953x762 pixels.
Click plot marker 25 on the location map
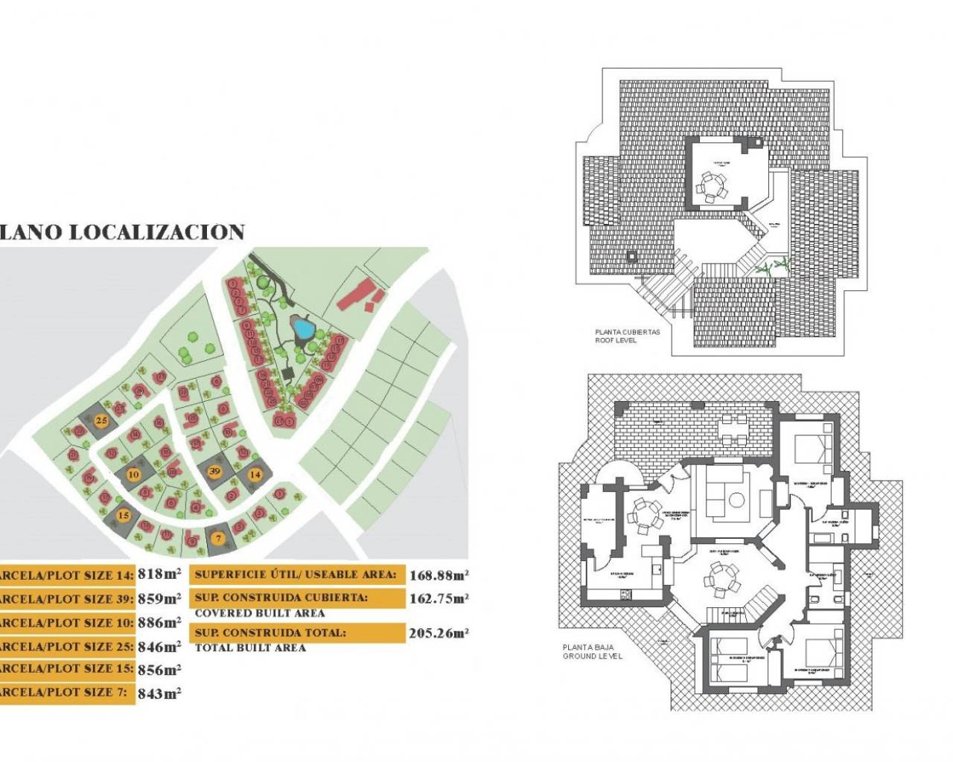coord(102,420)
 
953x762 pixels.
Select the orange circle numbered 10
coord(134,474)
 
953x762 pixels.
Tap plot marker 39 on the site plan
coord(215,471)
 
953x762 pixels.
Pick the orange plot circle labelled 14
coord(255,474)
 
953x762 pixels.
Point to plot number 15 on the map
coord(124,515)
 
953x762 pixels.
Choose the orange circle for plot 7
coord(218,537)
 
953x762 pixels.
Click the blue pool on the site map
coord(302,327)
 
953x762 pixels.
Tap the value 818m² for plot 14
coord(159,574)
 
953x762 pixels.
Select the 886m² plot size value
coord(159,622)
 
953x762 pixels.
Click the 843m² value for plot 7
coord(159,693)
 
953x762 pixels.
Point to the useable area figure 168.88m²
coord(439,574)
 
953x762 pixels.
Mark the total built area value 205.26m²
coord(439,633)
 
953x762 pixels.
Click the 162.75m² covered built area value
coord(439,598)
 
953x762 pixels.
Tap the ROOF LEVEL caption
coord(616,340)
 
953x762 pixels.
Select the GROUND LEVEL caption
coord(593,656)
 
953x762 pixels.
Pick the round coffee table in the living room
coord(737,500)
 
